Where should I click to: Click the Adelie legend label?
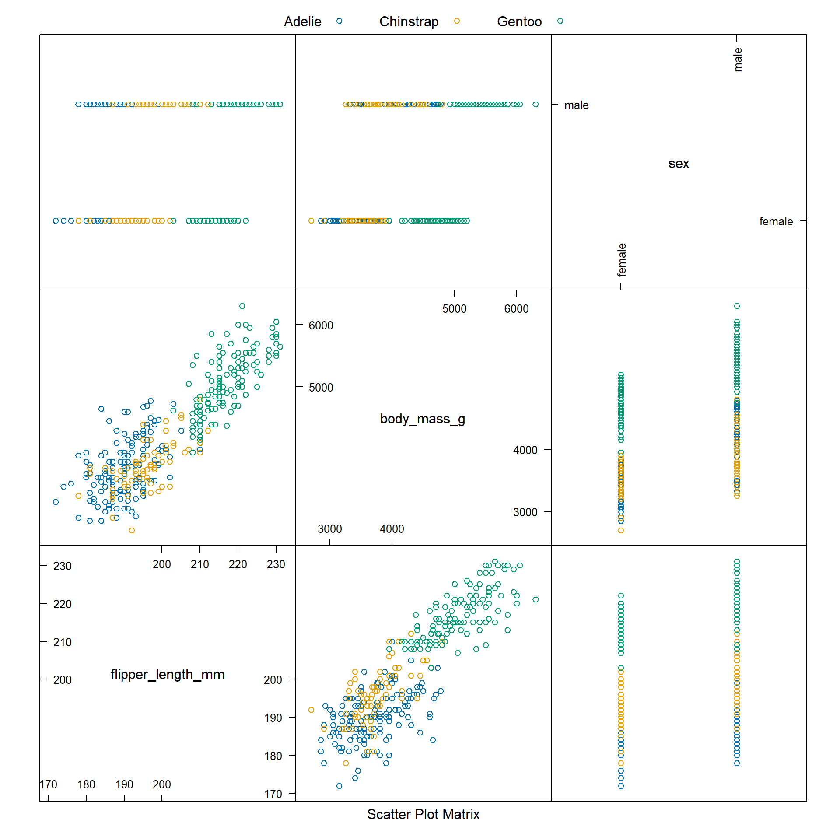[x=302, y=21]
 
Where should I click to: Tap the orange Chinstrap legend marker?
[x=457, y=21]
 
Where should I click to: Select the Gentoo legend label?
[x=519, y=21]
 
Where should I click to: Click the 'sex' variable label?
[x=679, y=164]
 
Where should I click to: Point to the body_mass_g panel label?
[x=422, y=419]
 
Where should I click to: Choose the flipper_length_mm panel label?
[x=167, y=674]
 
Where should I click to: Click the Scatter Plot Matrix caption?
[x=423, y=814]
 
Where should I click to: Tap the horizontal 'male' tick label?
[x=576, y=105]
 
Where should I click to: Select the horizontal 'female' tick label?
[x=776, y=222]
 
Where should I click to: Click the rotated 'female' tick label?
[x=622, y=260]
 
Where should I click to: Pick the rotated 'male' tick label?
[x=738, y=60]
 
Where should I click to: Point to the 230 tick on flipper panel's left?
[x=62, y=566]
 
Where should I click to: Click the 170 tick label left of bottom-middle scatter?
[x=273, y=794]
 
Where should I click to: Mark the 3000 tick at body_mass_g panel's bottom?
[x=329, y=529]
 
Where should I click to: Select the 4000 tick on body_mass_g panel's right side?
[x=525, y=450]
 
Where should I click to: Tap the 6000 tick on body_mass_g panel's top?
[x=516, y=309]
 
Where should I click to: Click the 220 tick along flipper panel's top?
[x=238, y=564]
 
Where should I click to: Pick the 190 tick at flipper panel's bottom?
[x=124, y=784]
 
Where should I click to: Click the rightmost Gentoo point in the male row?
[x=535, y=105]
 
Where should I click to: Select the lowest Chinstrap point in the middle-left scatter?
[x=132, y=531]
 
